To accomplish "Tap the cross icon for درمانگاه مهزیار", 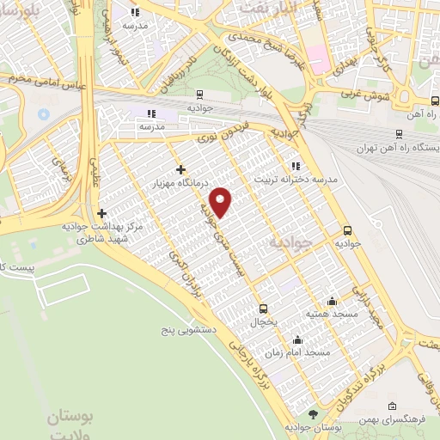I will (180, 169).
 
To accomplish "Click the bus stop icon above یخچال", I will (263, 309).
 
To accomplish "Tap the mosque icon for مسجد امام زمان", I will (297, 339).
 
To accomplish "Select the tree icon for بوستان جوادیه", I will (313, 413).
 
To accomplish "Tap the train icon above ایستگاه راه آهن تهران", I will (399, 133).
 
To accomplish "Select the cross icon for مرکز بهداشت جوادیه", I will (102, 213).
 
